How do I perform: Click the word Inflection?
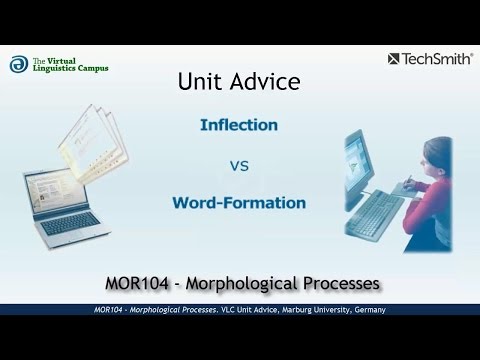(239, 127)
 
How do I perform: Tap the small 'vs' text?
(240, 165)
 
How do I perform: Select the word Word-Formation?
(239, 203)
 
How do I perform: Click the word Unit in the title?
(201, 82)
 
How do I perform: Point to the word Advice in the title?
(264, 82)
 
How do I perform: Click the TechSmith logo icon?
(393, 58)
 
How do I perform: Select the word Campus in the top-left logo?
(88, 68)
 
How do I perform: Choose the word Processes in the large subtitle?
(341, 283)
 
